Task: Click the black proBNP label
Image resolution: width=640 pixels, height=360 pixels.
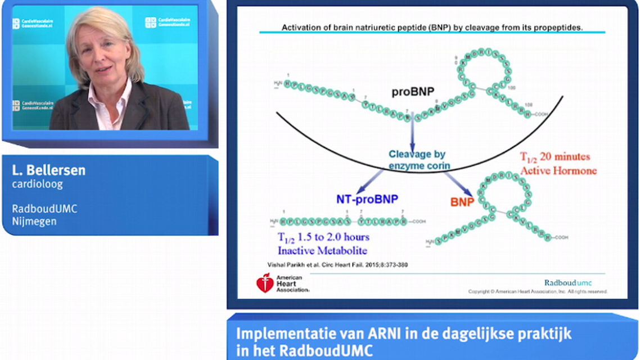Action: pyautogui.click(x=412, y=92)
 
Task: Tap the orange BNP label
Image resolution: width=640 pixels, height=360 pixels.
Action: pyautogui.click(x=462, y=202)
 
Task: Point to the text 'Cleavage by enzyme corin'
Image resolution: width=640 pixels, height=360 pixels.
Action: pyautogui.click(x=417, y=160)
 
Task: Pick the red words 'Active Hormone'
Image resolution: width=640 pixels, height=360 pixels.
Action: pyautogui.click(x=558, y=170)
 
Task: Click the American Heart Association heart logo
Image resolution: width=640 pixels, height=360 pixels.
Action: pyautogui.click(x=265, y=282)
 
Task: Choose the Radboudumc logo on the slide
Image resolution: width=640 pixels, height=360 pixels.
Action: pyautogui.click(x=567, y=282)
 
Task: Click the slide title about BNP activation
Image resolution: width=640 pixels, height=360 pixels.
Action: pyautogui.click(x=431, y=27)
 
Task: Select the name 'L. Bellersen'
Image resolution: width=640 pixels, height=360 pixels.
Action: pyautogui.click(x=49, y=170)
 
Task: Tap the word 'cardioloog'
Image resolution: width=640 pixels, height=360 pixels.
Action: pyautogui.click(x=37, y=184)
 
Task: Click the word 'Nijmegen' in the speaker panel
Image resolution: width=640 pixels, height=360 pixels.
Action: pyautogui.click(x=34, y=221)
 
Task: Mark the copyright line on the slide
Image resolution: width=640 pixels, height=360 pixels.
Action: pyautogui.click(x=538, y=291)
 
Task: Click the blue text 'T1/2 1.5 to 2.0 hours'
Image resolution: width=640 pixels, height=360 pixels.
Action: pyautogui.click(x=324, y=237)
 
